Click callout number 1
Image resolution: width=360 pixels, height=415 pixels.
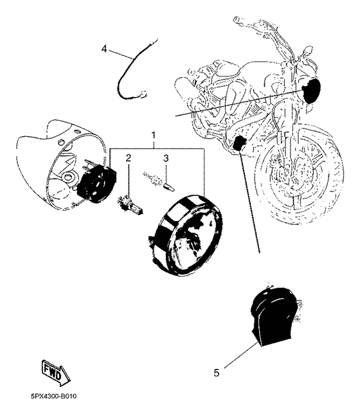pyautogui.click(x=154, y=136)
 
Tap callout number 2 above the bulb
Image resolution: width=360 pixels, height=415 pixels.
pyautogui.click(x=129, y=158)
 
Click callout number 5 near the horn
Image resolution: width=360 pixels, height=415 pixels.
pyautogui.click(x=216, y=371)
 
